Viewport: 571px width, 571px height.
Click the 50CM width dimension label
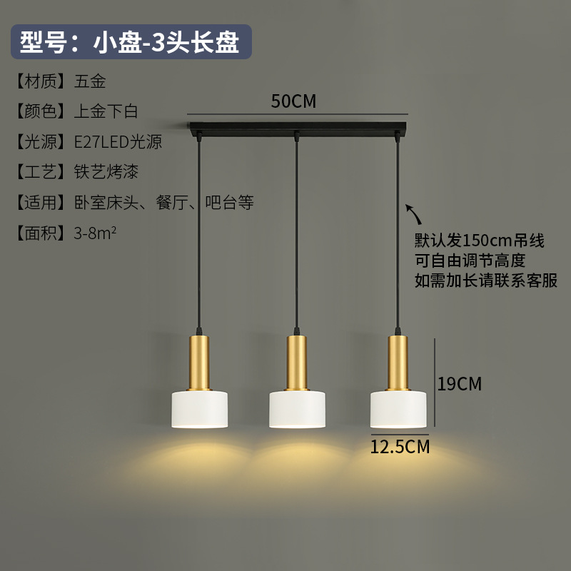[x=293, y=101]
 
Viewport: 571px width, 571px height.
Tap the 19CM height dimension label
[x=460, y=384]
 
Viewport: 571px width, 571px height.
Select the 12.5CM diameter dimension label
[x=400, y=447]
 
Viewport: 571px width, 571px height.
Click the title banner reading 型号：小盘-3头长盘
[x=130, y=43]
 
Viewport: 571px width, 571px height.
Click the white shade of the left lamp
[x=199, y=408]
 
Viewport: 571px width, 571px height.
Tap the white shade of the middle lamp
[x=297, y=408]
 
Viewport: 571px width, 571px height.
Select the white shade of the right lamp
[x=398, y=408]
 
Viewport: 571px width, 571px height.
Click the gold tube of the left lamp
[x=199, y=361]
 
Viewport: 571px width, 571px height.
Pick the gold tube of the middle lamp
[x=297, y=361]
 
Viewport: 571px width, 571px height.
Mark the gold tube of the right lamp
[x=398, y=361]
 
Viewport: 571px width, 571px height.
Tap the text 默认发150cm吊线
[x=480, y=241]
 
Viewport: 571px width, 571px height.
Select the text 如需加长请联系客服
[x=486, y=280]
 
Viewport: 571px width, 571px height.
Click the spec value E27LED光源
[x=118, y=142]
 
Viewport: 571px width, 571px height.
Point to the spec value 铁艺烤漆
[x=106, y=172]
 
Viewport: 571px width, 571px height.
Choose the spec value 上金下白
[x=106, y=111]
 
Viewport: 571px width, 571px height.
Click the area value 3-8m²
[x=95, y=233]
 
